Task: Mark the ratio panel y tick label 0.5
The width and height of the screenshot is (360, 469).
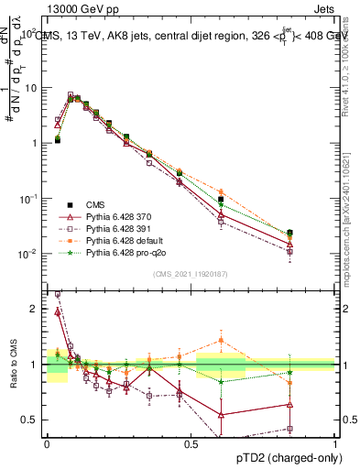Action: coord(30,420)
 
